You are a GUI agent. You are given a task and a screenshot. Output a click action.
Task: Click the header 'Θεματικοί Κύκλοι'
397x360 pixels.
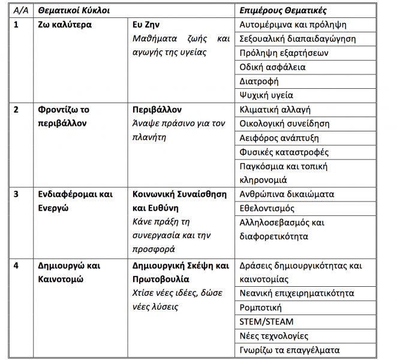pyautogui.click(x=74, y=11)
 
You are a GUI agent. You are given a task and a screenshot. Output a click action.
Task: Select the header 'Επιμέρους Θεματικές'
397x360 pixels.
pyautogui.click(x=283, y=11)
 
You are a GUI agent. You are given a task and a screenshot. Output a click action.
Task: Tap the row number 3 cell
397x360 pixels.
pyautogui.click(x=16, y=194)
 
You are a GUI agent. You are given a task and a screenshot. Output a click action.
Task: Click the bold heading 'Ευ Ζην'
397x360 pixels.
pyautogui.click(x=146, y=25)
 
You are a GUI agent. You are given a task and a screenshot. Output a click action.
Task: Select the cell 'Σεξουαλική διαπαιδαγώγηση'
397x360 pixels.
pyautogui.click(x=297, y=39)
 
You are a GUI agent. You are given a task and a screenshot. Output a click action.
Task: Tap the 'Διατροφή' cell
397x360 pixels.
pyautogui.click(x=259, y=81)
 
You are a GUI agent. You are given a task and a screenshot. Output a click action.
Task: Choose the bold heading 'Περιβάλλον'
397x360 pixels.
pyautogui.click(x=157, y=110)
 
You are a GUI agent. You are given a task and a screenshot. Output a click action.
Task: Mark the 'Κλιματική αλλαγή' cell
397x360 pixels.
pyautogui.click(x=275, y=110)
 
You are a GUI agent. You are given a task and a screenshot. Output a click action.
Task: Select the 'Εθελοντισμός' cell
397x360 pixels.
pyautogui.click(x=267, y=208)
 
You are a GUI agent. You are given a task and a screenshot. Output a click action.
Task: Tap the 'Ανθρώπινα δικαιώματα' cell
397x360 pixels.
pyautogui.click(x=287, y=194)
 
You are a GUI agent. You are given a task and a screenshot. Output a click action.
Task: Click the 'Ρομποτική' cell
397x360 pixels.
pyautogui.click(x=261, y=308)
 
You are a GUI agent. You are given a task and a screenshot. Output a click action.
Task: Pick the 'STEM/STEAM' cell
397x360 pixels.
pyautogui.click(x=266, y=322)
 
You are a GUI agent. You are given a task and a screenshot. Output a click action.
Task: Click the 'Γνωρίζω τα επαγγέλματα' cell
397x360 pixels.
pyautogui.click(x=289, y=350)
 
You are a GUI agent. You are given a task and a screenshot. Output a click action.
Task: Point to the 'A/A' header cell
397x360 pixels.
pyautogui.click(x=20, y=11)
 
